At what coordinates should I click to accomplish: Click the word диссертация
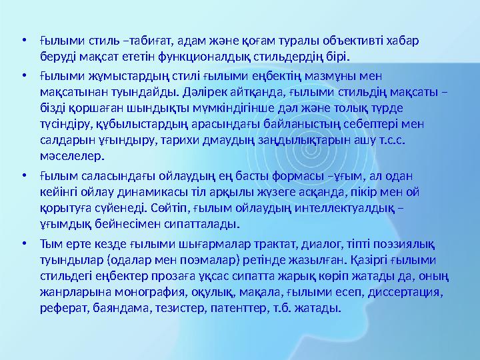[407, 292]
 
